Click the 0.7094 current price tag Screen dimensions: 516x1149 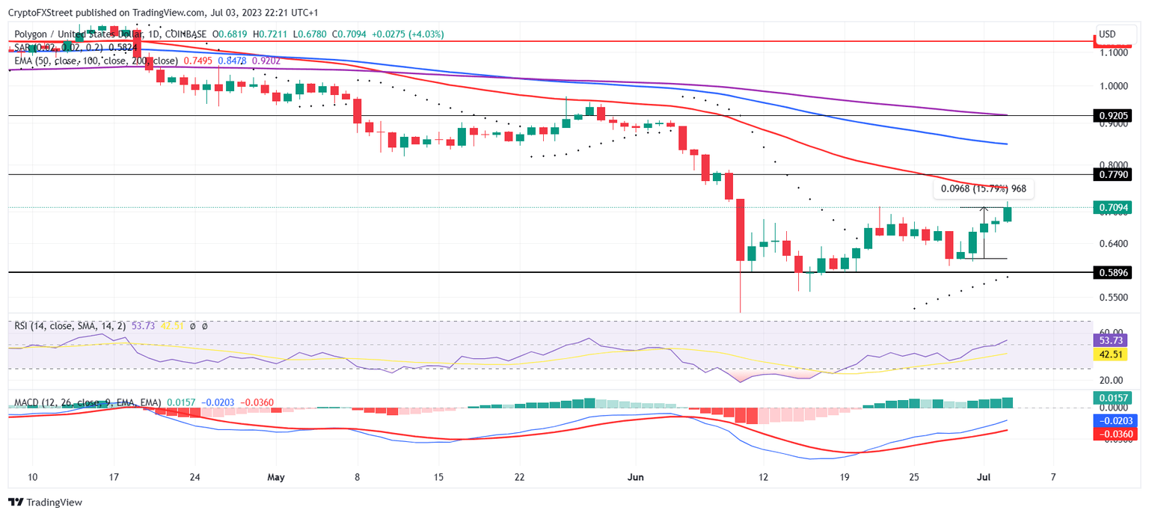1115,207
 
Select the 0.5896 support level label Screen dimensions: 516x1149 1115,273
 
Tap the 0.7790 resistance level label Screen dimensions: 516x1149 1115,174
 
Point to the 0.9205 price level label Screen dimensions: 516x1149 1115,116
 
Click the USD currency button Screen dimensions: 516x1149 1106,34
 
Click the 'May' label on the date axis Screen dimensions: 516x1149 276,476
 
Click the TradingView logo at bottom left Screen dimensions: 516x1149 46,503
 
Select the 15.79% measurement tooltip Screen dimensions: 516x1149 982,189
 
